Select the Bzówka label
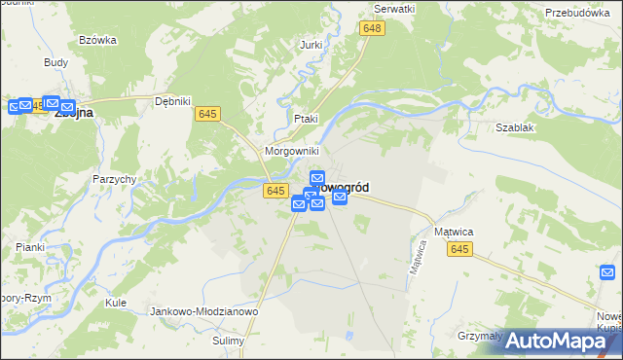coord(98,40)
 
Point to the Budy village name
coord(55,61)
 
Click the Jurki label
coord(311,45)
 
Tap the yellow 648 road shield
coord(371,29)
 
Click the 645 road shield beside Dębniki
coord(206,114)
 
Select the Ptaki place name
coord(306,119)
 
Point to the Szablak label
coord(515,127)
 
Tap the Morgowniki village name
coord(291,153)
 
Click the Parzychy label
coord(114,179)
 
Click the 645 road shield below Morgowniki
coord(275,191)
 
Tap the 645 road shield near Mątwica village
coord(460,250)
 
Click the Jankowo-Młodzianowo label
coord(203,311)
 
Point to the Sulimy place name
coord(230,342)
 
